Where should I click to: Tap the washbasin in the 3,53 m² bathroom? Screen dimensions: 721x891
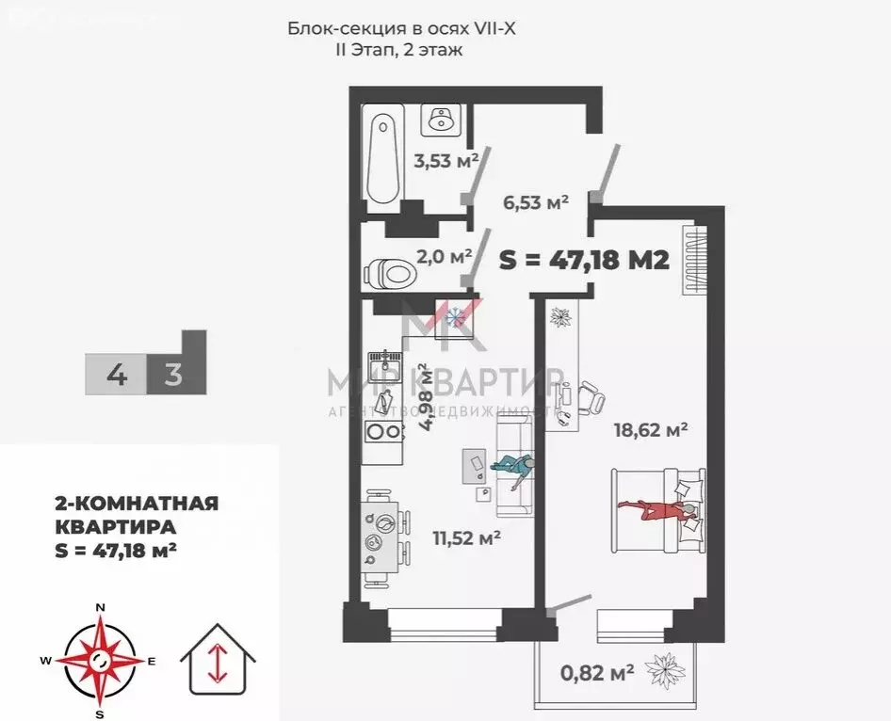pos(440,120)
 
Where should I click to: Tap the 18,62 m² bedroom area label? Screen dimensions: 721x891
pos(650,430)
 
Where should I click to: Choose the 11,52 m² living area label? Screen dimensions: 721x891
pos(465,538)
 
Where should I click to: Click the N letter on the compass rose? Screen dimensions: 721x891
pos(100,606)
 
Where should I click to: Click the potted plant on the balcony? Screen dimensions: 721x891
pos(667,670)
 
